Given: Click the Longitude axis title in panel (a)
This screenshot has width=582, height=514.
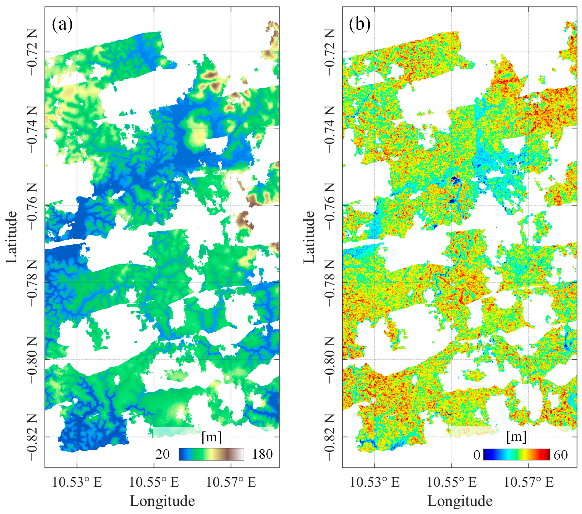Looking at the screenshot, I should pos(162,501).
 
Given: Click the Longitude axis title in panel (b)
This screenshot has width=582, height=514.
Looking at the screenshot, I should pos(460,501).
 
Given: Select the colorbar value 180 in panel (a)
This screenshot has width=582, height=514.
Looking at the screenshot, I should pos(262,454).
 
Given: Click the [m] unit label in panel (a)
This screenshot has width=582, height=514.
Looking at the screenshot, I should pos(211,437).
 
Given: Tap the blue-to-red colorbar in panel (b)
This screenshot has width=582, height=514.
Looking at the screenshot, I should pos(517,455).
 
